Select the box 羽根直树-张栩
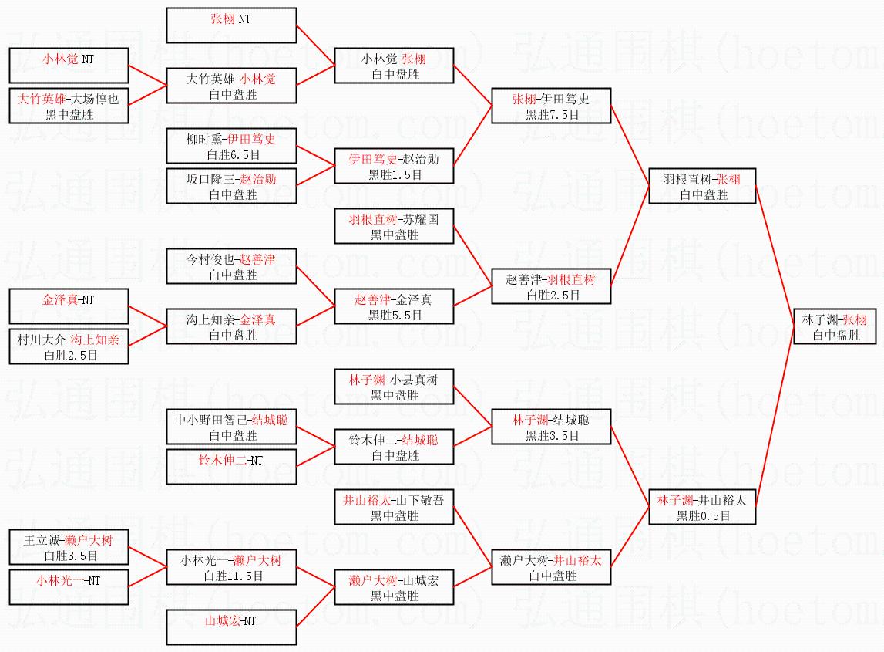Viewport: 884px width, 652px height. [702, 186]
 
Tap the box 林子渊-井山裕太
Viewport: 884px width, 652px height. [702, 507]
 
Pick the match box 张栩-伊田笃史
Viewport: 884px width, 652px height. [551, 106]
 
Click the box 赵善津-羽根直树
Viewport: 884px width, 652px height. [551, 285]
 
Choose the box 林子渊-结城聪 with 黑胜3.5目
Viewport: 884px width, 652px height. [551, 427]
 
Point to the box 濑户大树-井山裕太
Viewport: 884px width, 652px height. [551, 567]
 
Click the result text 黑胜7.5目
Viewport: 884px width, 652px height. [552, 114]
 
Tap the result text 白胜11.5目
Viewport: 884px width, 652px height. [232, 576]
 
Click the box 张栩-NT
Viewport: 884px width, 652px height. [231, 25]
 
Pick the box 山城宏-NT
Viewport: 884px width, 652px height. [231, 627]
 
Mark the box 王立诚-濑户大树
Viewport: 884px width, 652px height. [69, 547]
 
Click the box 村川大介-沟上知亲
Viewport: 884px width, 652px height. [69, 346]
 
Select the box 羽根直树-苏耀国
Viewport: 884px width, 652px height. [394, 226]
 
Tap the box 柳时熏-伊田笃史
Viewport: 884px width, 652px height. [231, 146]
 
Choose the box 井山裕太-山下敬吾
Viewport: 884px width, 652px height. [394, 507]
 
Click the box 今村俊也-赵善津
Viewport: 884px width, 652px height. [231, 266]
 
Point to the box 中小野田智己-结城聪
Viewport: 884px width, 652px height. [231, 427]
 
